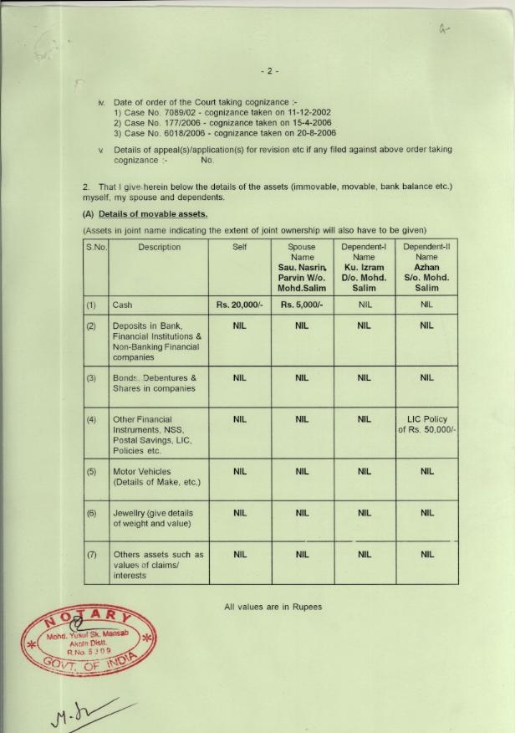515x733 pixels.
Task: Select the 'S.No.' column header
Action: pos(96,248)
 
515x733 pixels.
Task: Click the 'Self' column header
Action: pos(239,248)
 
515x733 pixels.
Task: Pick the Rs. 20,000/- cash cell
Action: pos(239,305)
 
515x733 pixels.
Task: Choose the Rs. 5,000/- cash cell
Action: pos(302,305)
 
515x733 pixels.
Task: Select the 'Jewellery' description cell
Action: pos(153,518)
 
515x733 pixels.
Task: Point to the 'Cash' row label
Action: pos(122,305)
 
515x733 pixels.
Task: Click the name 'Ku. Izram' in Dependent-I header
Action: pos(364,268)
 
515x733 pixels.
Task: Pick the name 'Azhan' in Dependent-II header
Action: pos(427,268)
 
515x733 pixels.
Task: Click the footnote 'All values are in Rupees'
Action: pos(273,607)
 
